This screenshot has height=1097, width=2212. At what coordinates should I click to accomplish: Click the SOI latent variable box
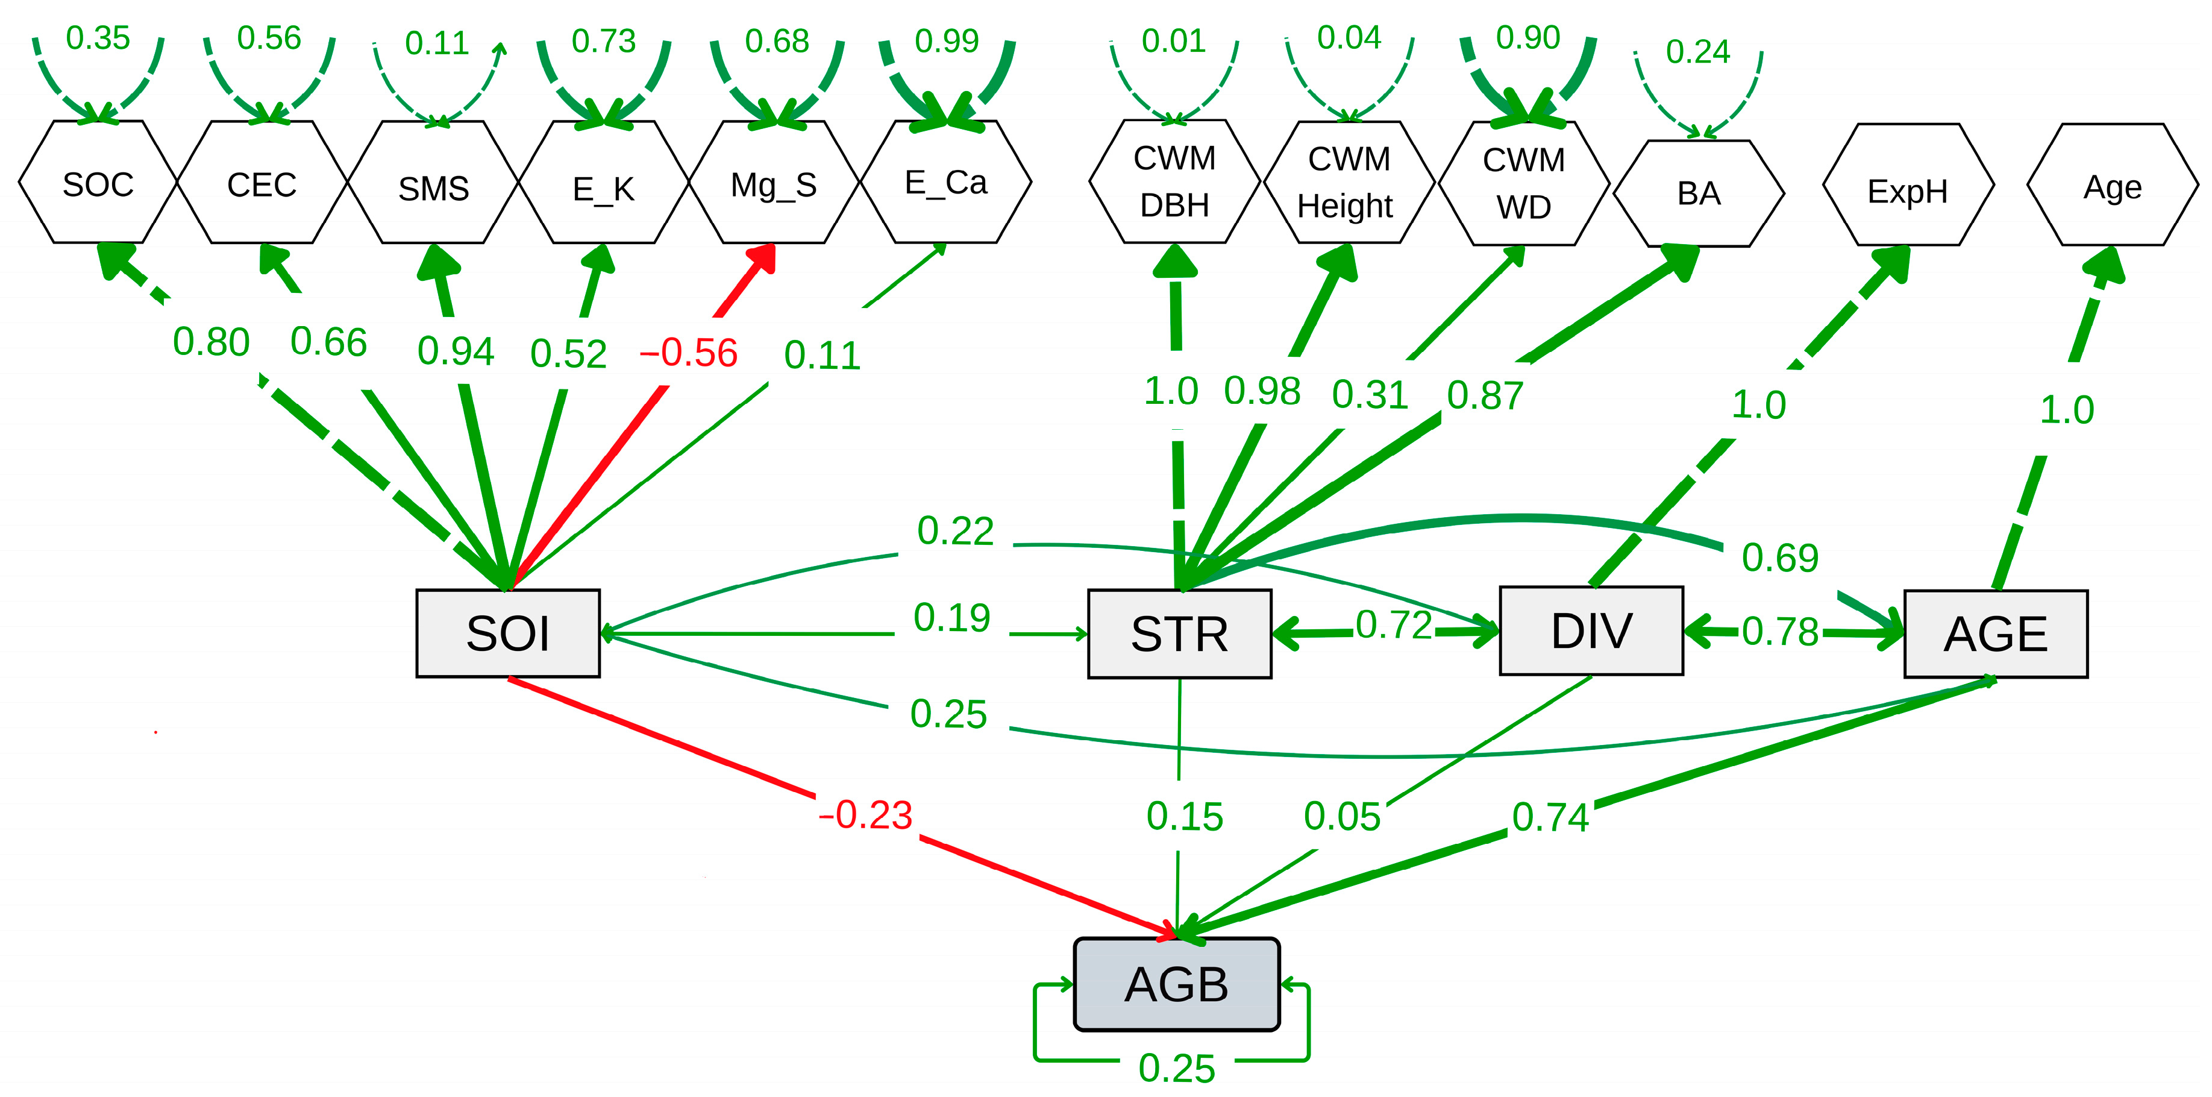(507, 633)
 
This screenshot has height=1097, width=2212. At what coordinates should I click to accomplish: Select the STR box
(1179, 634)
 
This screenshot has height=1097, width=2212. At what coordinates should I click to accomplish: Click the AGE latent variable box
(1994, 634)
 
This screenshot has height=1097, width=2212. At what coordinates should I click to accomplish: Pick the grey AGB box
(1176, 984)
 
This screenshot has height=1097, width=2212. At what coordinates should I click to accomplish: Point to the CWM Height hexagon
(1347, 182)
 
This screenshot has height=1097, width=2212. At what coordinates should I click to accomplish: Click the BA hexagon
(1699, 193)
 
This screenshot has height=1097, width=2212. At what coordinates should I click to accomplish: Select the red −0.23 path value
(865, 814)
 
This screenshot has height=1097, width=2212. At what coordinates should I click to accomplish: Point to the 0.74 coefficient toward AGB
(1550, 817)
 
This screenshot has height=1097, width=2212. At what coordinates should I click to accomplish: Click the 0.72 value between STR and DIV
(1394, 626)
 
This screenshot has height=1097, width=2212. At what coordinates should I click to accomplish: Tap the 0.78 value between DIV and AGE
(1779, 632)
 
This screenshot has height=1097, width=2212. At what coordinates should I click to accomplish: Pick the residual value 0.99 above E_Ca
(946, 40)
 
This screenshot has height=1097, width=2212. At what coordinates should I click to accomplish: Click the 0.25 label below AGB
(1176, 1069)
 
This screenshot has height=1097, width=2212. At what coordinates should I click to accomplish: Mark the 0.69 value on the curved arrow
(1779, 558)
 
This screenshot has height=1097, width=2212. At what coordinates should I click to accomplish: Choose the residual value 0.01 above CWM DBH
(1173, 40)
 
